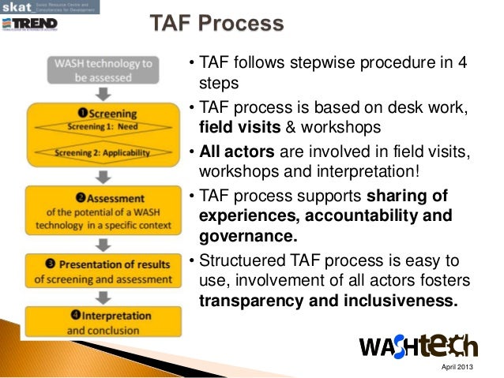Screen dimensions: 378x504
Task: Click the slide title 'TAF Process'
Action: [217, 24]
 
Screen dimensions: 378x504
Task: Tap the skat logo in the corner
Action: [17, 6]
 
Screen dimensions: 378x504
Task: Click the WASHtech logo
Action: [418, 345]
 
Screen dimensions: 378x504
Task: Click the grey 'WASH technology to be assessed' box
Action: [102, 70]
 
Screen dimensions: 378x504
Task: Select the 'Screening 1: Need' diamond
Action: [102, 125]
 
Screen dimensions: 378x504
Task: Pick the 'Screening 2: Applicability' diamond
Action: [102, 152]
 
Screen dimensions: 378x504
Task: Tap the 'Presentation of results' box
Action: [103, 270]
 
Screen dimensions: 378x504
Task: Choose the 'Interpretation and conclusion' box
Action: [103, 323]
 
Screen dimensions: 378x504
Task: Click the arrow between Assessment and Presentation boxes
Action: [103, 241]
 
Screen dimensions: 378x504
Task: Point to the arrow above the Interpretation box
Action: [103, 295]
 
